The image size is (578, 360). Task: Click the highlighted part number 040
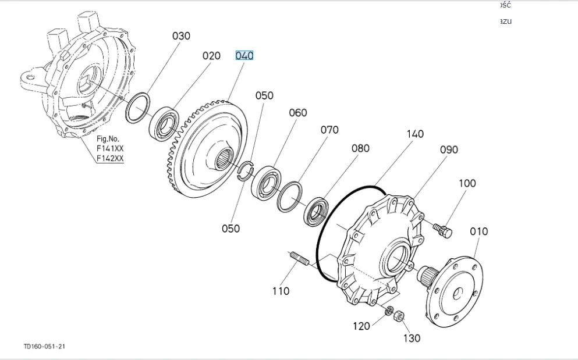point(244,56)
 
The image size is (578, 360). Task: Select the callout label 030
point(181,36)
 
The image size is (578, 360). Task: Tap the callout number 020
point(211,56)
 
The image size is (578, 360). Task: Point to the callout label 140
point(415,134)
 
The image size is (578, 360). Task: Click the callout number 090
point(449,149)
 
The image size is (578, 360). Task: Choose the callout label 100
point(467,183)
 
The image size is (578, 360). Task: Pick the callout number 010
point(478,231)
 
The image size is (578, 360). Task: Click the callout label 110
point(281,291)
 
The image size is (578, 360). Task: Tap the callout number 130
point(412,338)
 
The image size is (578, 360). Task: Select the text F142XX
point(110,158)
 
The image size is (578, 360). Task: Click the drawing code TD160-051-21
point(44,346)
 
